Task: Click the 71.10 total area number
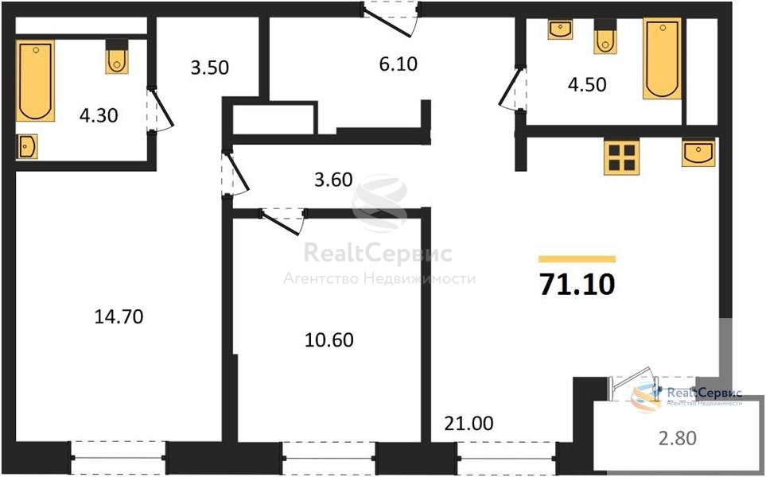[x=577, y=284]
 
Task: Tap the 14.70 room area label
[x=119, y=317]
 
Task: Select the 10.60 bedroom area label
[x=329, y=339]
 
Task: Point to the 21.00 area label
[x=469, y=423]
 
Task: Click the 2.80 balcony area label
[x=677, y=438]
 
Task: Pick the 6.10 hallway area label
[x=399, y=64]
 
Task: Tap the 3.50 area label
[x=209, y=68]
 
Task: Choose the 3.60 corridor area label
[x=333, y=180]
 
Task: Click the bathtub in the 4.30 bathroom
[x=35, y=80]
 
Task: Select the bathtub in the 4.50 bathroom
[x=662, y=58]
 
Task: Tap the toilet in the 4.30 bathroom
[x=117, y=56]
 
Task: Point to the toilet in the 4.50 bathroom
[x=605, y=37]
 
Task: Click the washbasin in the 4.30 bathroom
[x=27, y=146]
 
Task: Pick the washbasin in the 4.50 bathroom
[x=560, y=29]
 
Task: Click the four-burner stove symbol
[x=622, y=157]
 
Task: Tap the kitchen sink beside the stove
[x=698, y=153]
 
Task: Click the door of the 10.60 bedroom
[x=282, y=221]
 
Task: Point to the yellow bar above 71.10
[x=577, y=259]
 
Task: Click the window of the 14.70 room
[x=119, y=457]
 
